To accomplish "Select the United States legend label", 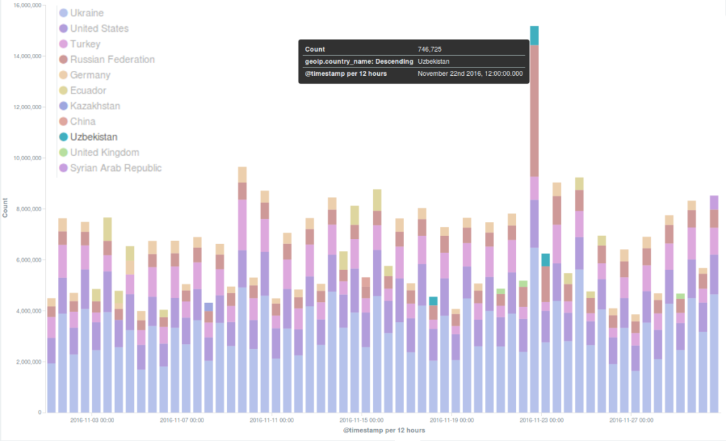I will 99,28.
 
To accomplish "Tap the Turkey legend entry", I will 85,44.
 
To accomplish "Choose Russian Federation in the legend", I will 112,60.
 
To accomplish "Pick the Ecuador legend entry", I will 88,91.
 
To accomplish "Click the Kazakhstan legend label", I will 95,106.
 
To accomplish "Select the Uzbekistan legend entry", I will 94,137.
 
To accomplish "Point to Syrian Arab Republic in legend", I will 116,168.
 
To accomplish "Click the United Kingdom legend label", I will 104,152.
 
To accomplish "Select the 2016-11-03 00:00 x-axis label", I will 92,420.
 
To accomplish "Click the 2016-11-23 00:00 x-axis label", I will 542,420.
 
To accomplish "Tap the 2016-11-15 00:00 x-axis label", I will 362,420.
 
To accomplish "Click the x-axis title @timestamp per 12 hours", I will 384,430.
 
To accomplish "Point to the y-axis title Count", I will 6,211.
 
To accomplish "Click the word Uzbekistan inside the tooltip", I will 433,62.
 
